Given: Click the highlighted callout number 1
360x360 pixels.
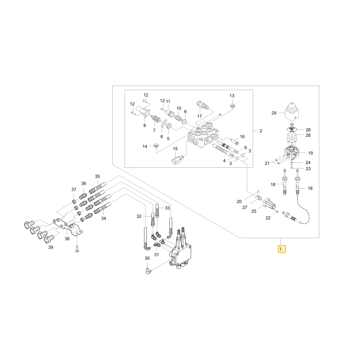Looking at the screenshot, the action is click(282, 249).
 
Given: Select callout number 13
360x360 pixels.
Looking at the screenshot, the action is click(232, 96).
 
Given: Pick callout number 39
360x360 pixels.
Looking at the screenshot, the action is click(51, 247).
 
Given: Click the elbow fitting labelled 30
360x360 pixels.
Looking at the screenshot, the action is click(148, 271).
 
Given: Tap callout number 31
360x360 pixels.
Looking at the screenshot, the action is click(156, 255).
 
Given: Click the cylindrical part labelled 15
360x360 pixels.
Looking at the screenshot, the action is click(177, 159).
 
